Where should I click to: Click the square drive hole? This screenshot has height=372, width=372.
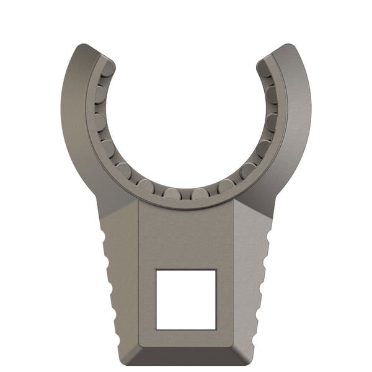[186, 299]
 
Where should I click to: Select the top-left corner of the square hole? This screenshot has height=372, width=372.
[156, 270]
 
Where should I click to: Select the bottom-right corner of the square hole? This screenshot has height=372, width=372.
[216, 329]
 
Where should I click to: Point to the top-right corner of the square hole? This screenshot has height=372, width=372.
[216, 270]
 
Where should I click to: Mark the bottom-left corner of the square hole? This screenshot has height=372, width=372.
[156, 329]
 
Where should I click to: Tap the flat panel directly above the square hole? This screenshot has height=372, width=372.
[186, 239]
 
